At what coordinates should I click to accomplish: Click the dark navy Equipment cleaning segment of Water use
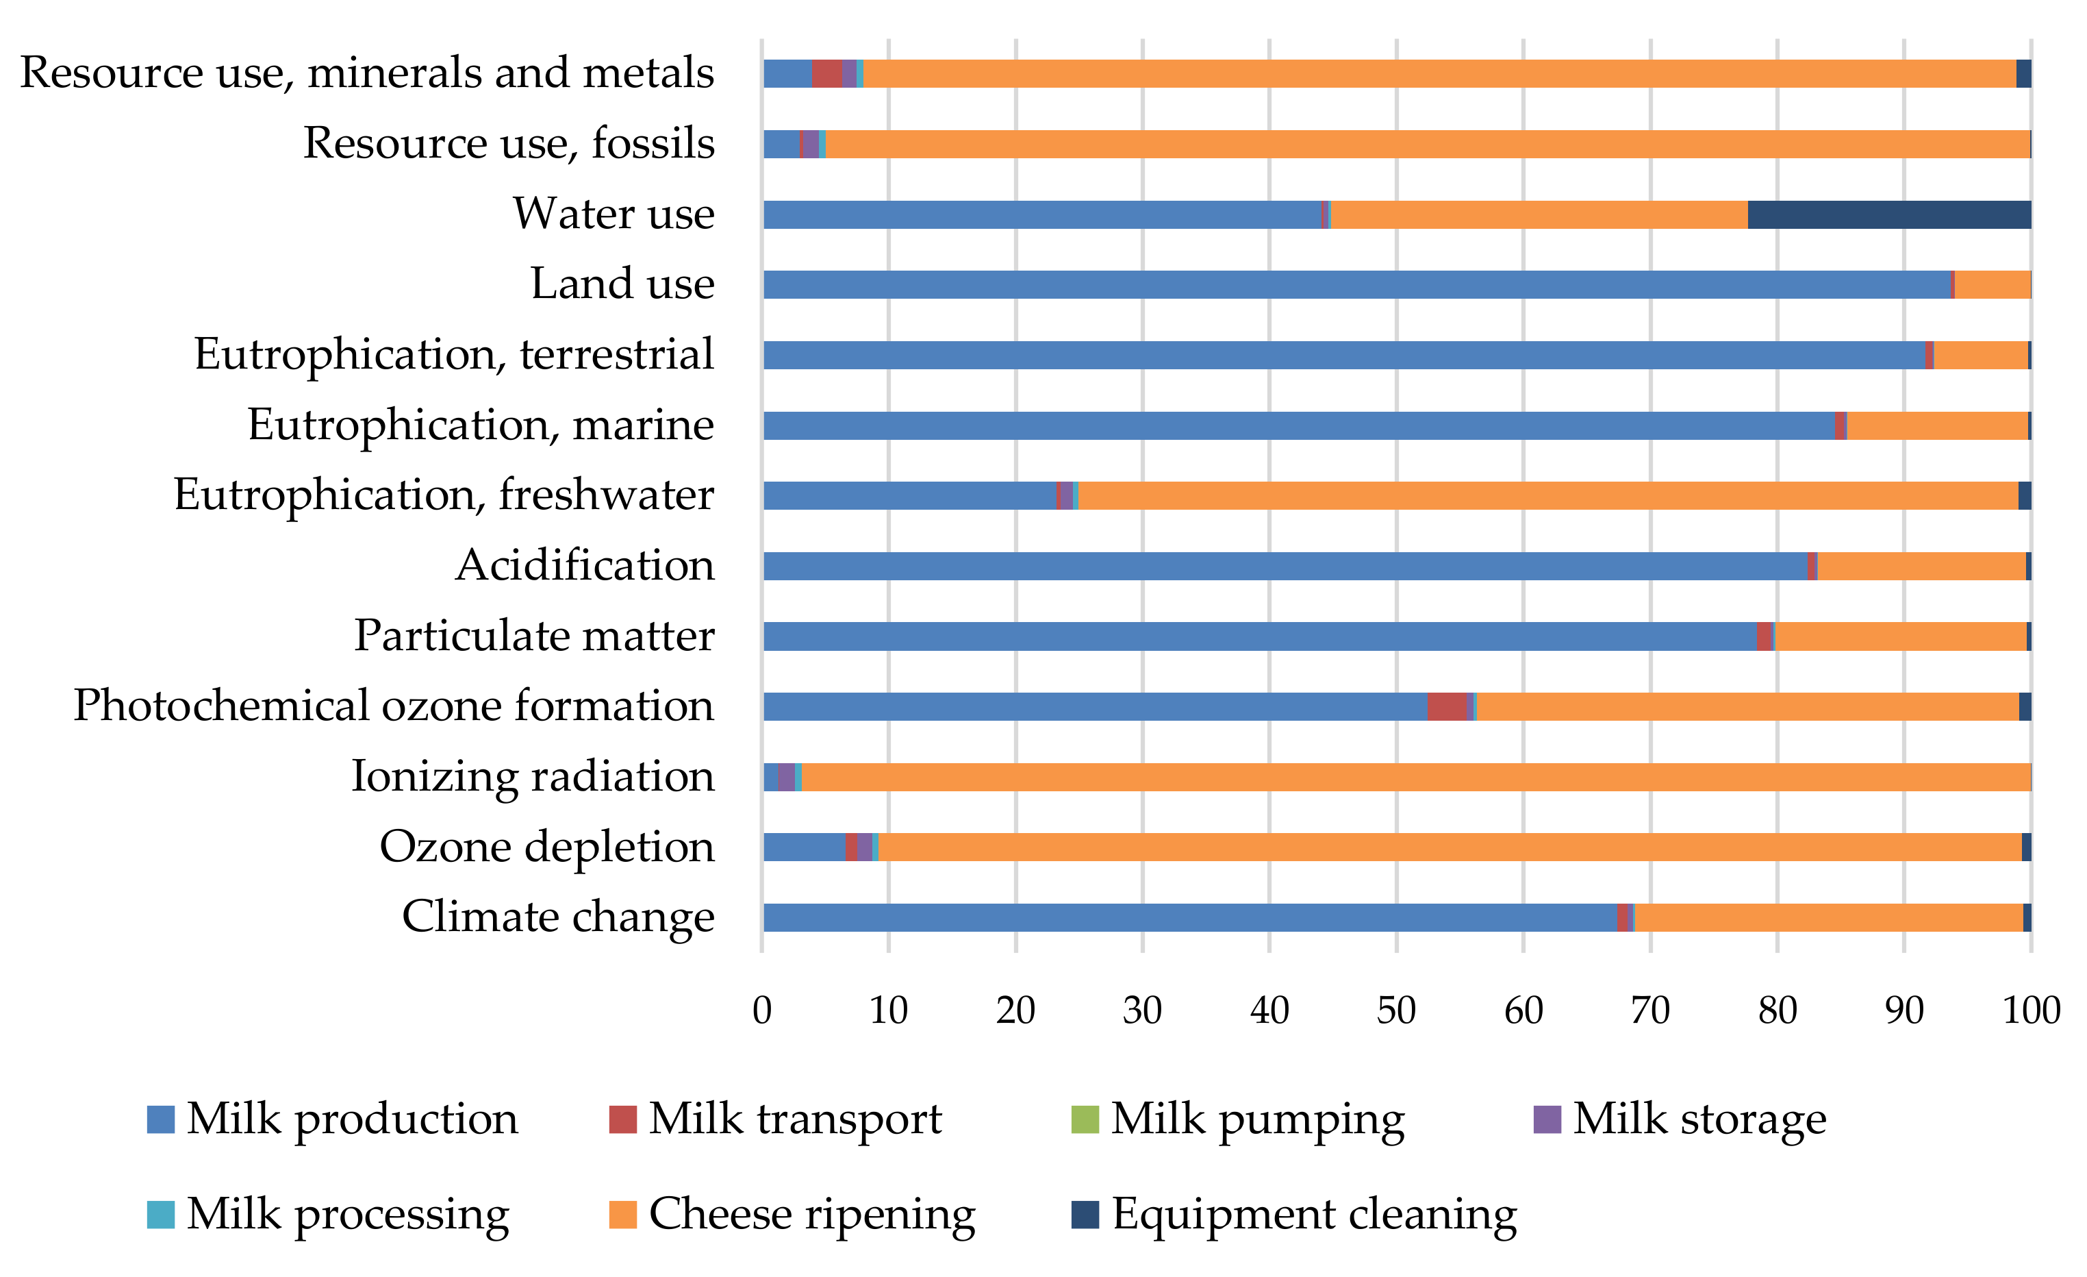(1889, 214)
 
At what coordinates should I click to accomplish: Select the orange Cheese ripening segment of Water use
(1539, 214)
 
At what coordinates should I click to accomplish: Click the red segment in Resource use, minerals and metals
(826, 74)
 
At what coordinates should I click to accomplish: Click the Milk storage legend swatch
(1547, 1119)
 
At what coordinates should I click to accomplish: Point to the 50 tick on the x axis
(1396, 1010)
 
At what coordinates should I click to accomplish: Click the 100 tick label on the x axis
(2030, 1010)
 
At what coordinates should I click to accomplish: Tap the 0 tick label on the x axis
(761, 1010)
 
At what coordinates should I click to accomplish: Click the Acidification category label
(585, 565)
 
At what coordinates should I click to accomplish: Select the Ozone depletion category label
(547, 847)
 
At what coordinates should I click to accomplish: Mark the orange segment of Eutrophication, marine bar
(1937, 425)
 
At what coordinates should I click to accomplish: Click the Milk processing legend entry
(347, 1214)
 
